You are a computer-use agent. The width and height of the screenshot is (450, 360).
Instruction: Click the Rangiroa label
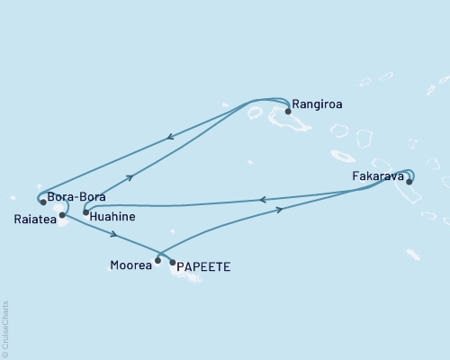(319, 104)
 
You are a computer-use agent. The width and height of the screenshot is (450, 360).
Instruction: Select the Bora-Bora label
(73, 195)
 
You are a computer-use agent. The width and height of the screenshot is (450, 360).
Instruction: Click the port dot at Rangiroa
(288, 112)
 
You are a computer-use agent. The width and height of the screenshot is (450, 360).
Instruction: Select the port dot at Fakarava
(409, 182)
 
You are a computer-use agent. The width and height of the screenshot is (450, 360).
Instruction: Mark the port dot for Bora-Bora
(43, 202)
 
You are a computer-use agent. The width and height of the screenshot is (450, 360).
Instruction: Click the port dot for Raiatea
(61, 215)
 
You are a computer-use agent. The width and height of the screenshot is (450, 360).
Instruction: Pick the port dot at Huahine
(85, 212)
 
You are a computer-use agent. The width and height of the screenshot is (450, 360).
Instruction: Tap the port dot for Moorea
(157, 261)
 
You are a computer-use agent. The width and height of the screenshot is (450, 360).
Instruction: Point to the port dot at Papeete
(172, 263)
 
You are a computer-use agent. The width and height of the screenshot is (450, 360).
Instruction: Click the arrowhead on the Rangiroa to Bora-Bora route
(168, 139)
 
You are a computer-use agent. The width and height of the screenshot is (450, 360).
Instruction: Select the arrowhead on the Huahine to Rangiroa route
(131, 177)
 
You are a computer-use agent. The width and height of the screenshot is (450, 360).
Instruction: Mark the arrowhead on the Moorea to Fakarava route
(280, 209)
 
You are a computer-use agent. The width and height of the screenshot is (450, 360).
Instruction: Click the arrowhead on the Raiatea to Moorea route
(114, 236)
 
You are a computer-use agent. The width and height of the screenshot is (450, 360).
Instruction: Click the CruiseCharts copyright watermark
(4, 328)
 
